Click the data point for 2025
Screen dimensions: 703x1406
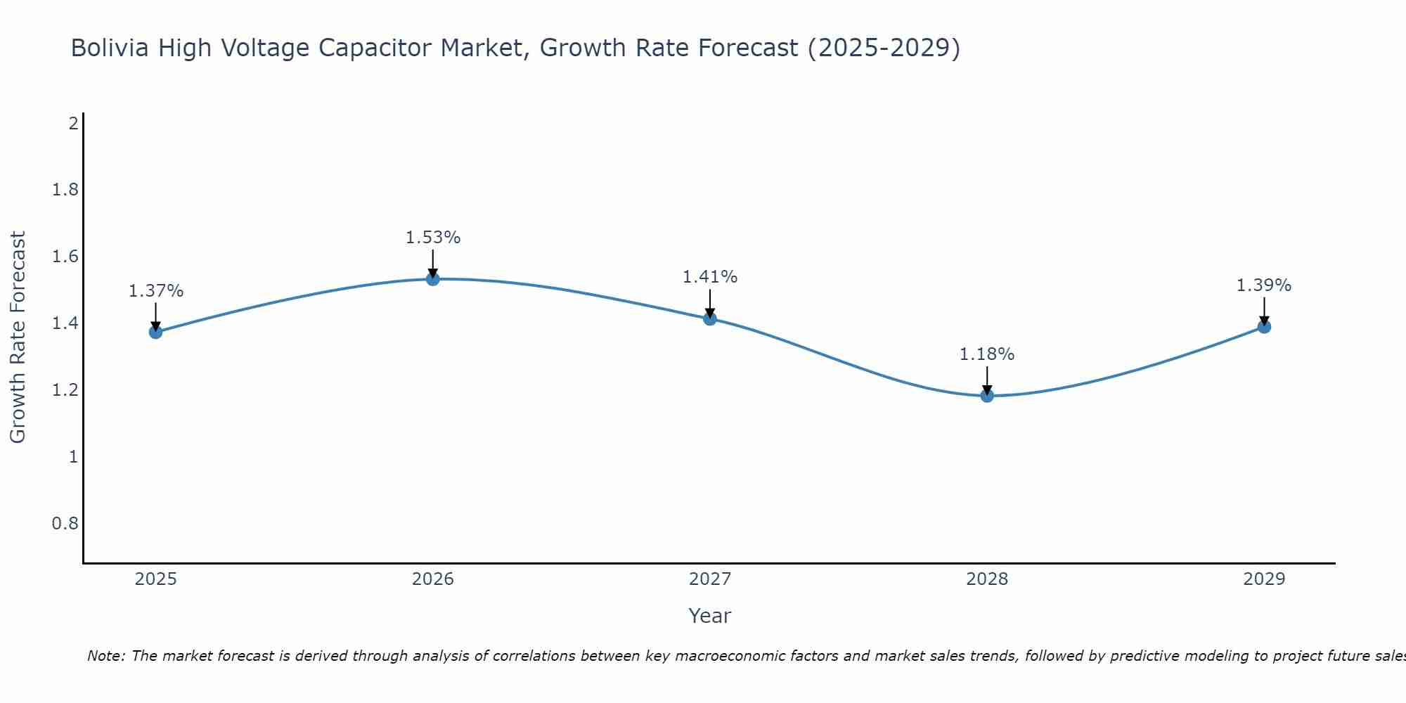point(155,332)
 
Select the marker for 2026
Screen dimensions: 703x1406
point(433,279)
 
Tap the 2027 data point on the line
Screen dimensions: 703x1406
point(710,318)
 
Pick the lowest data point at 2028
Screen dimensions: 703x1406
point(987,395)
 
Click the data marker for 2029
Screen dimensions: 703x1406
point(1264,326)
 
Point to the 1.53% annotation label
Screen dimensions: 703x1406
point(433,238)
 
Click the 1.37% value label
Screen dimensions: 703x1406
point(155,291)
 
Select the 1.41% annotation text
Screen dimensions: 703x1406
point(710,277)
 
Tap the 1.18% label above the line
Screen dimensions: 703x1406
point(987,354)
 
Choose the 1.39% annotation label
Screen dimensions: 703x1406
point(1264,285)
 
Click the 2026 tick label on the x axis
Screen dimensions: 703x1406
point(433,579)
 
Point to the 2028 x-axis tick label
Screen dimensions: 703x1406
point(987,579)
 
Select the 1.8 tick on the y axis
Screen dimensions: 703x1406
point(65,190)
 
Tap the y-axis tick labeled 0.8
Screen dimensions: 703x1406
point(65,524)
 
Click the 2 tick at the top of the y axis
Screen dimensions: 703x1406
point(73,124)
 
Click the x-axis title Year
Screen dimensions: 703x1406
point(710,616)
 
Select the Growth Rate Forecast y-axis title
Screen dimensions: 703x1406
point(18,337)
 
